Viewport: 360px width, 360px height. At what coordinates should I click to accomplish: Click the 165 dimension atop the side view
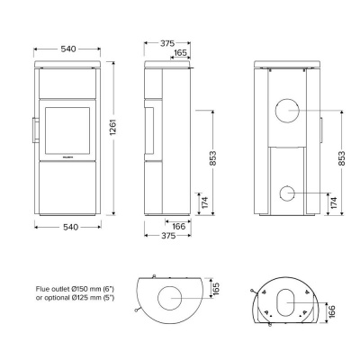point(180,54)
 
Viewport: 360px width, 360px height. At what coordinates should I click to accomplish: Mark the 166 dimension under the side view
point(179,226)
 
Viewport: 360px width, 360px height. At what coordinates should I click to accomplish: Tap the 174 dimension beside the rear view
point(333,203)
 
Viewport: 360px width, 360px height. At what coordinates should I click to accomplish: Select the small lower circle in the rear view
point(288,193)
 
